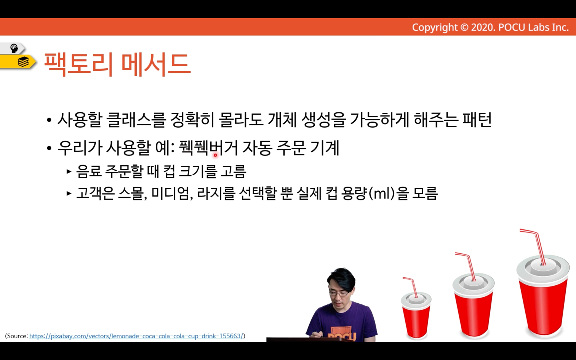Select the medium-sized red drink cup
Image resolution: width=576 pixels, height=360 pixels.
point(474,309)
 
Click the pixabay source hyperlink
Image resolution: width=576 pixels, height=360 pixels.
point(136,336)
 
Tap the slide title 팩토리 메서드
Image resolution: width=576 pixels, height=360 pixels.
point(117,64)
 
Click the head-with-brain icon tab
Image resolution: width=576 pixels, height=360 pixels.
point(14,48)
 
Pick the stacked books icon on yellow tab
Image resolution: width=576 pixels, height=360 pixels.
point(23,62)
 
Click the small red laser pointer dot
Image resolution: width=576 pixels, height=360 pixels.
point(216,155)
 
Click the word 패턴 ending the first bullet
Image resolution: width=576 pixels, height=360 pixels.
point(477,120)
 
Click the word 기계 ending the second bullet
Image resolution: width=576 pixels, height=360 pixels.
point(325,148)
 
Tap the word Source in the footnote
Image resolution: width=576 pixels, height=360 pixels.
point(17,336)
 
